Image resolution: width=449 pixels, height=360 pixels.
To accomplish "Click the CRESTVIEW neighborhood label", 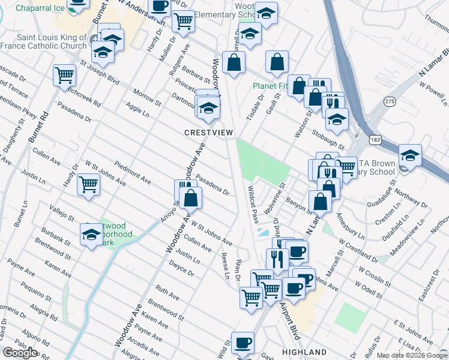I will point(208,132).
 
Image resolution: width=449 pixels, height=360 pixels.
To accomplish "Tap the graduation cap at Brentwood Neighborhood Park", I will point(91,233).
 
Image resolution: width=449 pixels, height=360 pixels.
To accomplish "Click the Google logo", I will point(20,352).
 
